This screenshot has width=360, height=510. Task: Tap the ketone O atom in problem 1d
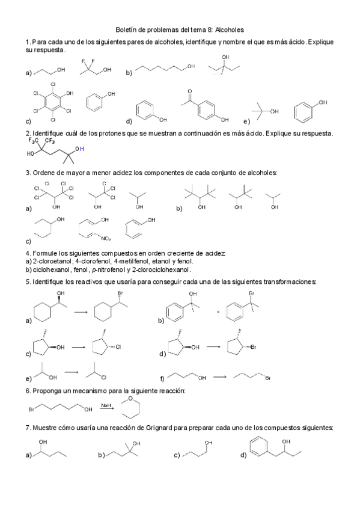click(189, 93)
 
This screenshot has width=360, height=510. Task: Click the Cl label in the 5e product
click(104, 378)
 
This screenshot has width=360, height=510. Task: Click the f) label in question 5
click(162, 379)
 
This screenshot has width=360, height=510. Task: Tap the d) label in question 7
click(243, 455)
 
